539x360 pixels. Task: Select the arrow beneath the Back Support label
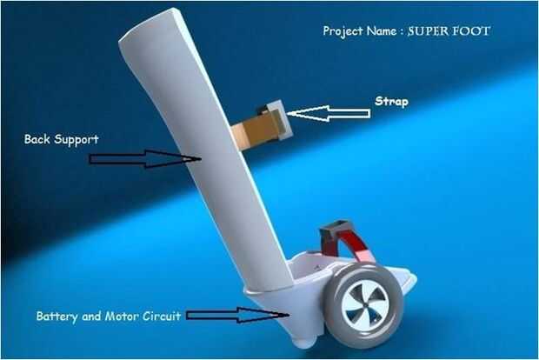144,158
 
